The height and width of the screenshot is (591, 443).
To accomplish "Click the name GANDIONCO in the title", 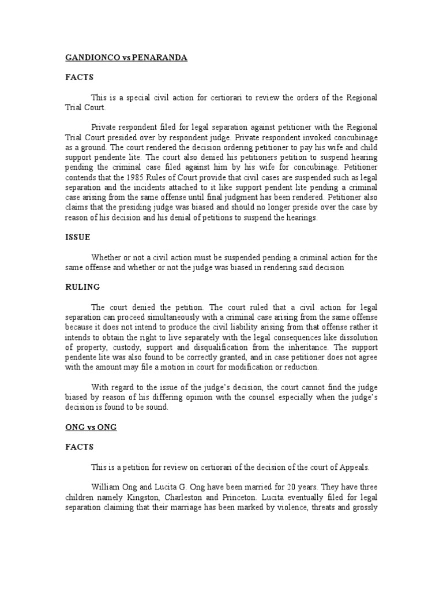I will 87,58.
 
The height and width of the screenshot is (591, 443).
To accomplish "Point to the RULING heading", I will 81,286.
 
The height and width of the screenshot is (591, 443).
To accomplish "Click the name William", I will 105,486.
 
